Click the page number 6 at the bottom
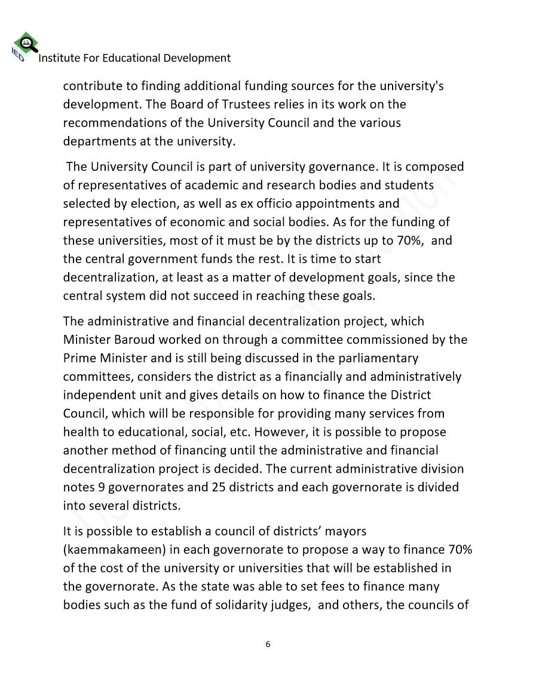268,644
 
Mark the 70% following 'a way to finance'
459,549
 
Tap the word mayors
345,530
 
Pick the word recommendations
111,123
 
